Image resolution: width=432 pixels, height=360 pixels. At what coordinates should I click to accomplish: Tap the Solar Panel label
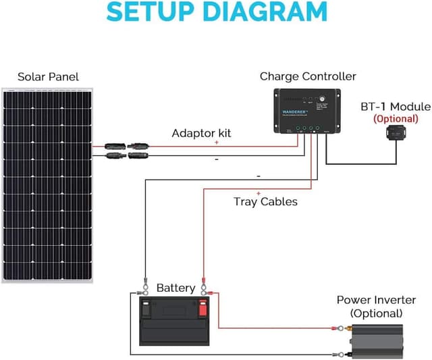pyautogui.click(x=48, y=76)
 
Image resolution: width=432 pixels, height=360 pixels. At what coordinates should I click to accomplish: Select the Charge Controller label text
pyautogui.click(x=308, y=76)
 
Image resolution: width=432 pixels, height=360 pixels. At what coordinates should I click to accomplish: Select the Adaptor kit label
pyautogui.click(x=201, y=133)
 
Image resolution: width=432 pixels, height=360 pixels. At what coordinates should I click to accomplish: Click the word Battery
pyautogui.click(x=175, y=288)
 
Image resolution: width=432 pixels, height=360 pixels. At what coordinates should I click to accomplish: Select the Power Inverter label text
pyautogui.click(x=375, y=300)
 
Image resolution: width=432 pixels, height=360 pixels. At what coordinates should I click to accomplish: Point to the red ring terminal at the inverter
pyautogui.click(x=335, y=330)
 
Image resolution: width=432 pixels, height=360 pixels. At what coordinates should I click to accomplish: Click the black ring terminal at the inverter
pyautogui.click(x=335, y=354)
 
